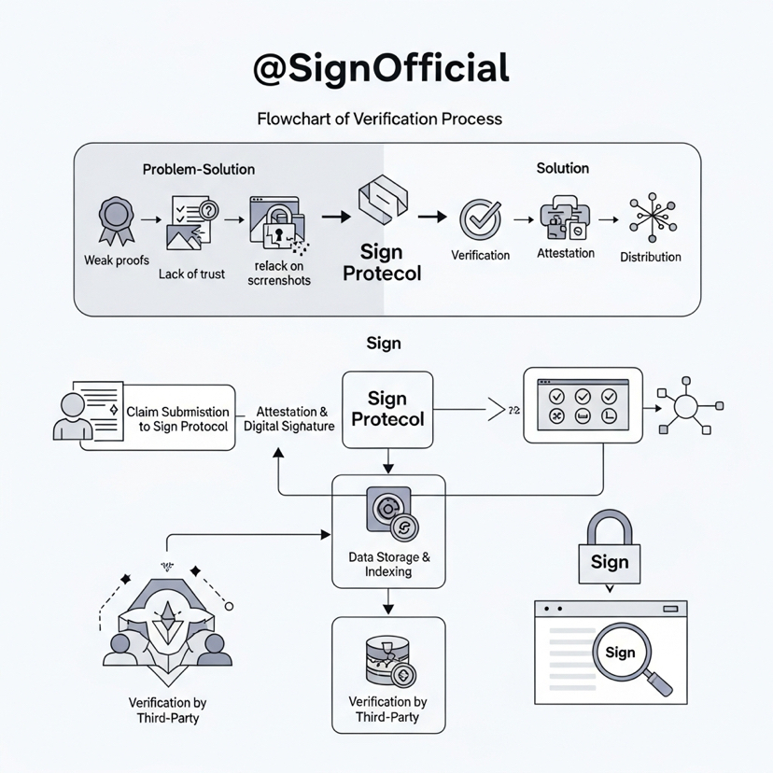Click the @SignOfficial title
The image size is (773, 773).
pos(382,70)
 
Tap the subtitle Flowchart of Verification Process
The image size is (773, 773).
pos(379,119)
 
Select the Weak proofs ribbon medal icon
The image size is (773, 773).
pos(115,220)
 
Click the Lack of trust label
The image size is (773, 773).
pos(191,274)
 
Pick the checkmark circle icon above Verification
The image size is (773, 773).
pos(480,219)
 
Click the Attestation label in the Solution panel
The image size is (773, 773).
pos(566,253)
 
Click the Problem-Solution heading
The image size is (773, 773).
pos(198,169)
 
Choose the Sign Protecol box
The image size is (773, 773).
pos(386,410)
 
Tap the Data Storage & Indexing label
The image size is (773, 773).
pos(388,564)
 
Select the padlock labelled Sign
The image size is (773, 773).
pos(609,552)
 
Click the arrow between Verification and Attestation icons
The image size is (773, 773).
pos(524,220)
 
